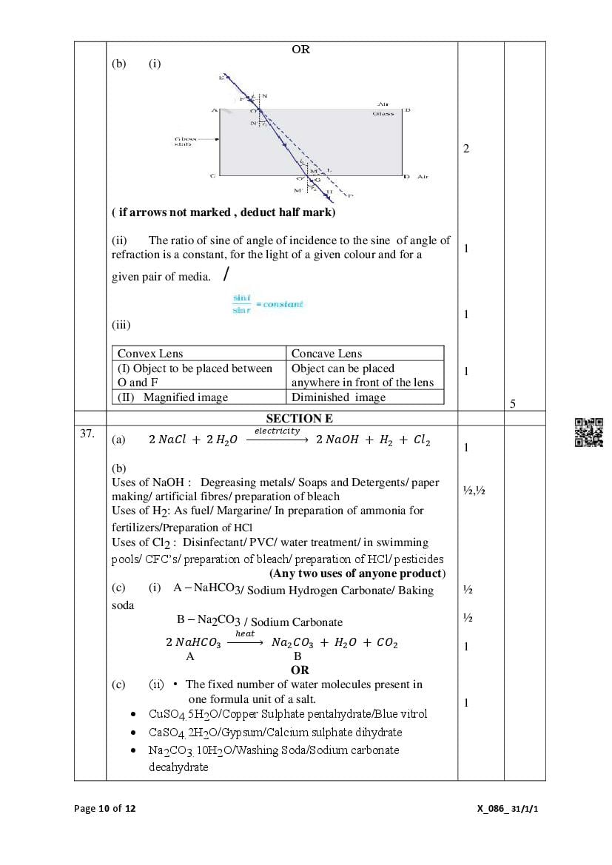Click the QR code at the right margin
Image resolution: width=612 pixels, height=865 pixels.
tap(589, 433)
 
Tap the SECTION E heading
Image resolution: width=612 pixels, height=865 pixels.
tap(300, 419)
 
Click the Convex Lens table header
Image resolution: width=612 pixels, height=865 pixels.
tap(150, 354)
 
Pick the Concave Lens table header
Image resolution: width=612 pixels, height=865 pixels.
tap(326, 354)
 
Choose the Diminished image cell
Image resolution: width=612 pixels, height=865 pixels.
tap(338, 397)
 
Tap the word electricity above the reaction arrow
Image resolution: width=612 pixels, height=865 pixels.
tap(278, 431)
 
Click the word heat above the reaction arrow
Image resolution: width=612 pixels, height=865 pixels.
tap(244, 633)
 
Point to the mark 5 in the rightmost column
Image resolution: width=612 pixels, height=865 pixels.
tap(513, 403)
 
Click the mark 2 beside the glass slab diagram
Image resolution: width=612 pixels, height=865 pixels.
tap(466, 149)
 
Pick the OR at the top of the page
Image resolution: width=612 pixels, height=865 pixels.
tap(300, 50)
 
